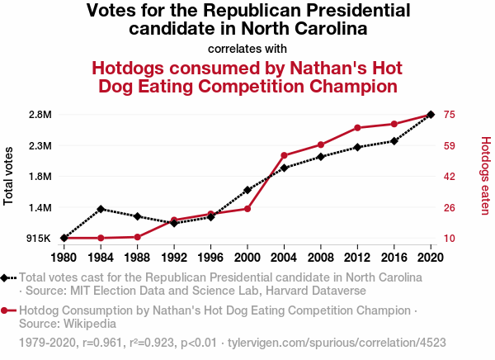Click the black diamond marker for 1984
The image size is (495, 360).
coord(101,209)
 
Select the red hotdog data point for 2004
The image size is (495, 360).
coord(284,155)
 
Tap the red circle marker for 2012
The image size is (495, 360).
coord(357,128)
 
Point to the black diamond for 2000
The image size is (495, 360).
coord(247,190)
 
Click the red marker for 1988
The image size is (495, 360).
coord(137,237)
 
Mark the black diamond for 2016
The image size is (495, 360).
coord(394,141)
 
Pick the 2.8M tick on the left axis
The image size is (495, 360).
coord(39,114)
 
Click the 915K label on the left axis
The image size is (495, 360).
coord(39,239)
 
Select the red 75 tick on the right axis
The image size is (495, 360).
coord(450,114)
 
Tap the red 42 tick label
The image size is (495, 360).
coord(450,176)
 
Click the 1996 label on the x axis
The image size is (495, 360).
coord(210,257)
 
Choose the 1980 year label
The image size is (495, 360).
coord(64,257)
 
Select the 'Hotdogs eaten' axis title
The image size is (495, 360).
coord(486,175)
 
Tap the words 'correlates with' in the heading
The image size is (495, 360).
coord(247,47)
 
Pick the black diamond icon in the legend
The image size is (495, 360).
coord(6,278)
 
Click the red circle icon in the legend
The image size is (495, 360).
coord(6,311)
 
